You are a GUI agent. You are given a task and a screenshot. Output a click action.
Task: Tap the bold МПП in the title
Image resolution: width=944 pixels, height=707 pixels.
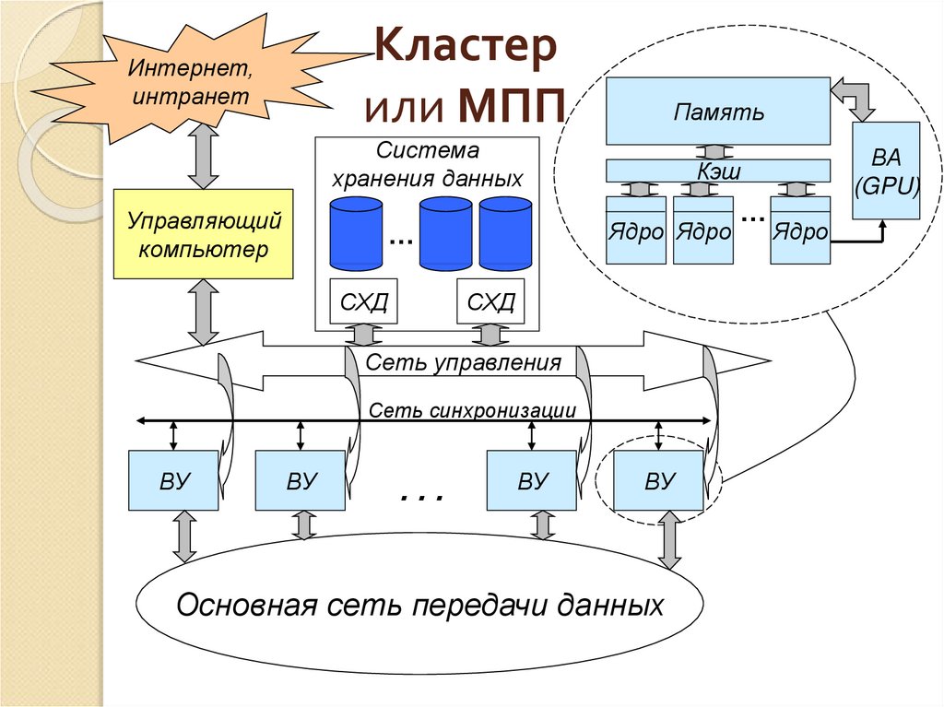tap(510, 108)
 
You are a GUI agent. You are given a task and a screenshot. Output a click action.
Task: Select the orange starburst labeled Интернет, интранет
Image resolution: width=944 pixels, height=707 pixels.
tap(189, 81)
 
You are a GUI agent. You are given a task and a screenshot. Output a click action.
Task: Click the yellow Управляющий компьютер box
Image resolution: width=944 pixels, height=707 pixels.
tap(203, 234)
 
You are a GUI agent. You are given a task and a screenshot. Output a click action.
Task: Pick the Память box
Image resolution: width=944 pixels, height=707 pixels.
tap(717, 112)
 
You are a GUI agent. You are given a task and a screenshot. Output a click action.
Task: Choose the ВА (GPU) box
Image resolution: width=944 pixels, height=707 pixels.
tap(886, 171)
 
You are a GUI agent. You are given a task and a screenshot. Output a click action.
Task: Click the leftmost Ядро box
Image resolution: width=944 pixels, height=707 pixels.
tap(636, 231)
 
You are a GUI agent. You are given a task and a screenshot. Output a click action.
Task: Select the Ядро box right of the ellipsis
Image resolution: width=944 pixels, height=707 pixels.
tap(800, 231)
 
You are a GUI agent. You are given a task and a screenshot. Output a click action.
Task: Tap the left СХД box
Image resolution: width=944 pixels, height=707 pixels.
tap(364, 301)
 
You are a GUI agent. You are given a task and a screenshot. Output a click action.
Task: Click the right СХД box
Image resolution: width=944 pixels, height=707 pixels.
tap(490, 301)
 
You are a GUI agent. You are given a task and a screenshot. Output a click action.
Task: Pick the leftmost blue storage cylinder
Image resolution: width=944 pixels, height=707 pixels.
tap(356, 233)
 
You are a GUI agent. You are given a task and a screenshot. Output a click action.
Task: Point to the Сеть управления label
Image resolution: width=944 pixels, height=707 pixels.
tap(463, 362)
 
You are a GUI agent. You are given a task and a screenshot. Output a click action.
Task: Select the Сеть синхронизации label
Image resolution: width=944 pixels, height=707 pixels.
tap(473, 409)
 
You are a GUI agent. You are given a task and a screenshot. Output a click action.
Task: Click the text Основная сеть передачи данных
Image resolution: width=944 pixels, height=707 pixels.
tap(419, 606)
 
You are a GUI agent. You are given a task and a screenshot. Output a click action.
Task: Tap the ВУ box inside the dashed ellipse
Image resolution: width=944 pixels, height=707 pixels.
tap(659, 480)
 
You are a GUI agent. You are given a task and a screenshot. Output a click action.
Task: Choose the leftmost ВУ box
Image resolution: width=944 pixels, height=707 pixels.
tap(173, 480)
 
